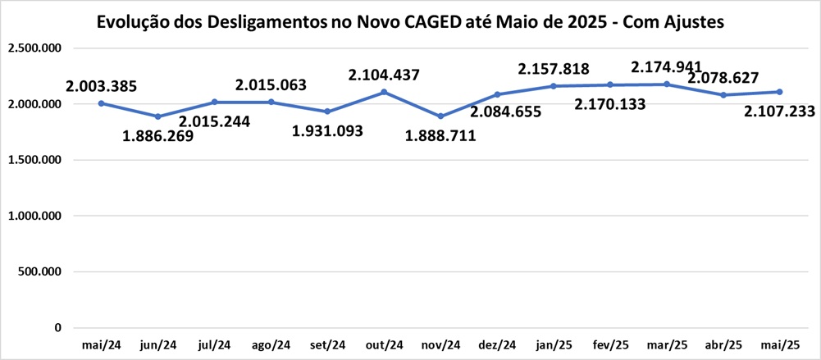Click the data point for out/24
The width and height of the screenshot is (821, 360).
(384, 92)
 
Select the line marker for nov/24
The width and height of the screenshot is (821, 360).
(440, 116)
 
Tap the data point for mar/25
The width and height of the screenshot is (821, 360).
(667, 84)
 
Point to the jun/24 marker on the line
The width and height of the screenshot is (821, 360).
(157, 116)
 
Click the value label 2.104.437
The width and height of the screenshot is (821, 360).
(384, 75)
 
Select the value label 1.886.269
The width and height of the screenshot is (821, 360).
(158, 136)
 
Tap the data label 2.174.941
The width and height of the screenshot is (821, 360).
(666, 66)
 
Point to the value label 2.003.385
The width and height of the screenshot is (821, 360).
(102, 85)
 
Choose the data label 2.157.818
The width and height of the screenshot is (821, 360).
(554, 67)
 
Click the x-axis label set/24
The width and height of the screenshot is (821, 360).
(327, 345)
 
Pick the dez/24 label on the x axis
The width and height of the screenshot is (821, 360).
(497, 345)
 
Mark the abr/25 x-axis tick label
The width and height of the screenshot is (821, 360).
(723, 345)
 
